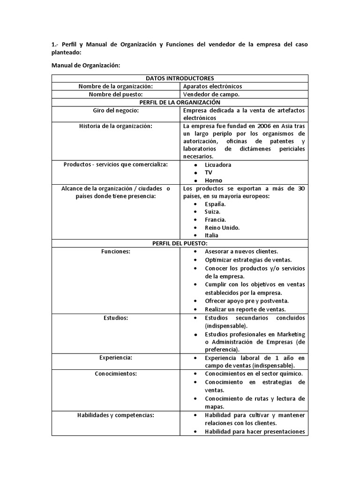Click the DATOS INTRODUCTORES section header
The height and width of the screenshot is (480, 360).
point(180,78)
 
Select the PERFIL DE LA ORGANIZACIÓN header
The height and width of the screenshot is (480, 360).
point(180,102)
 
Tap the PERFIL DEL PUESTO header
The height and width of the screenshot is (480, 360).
point(180,243)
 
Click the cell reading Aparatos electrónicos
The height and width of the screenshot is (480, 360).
point(212,86)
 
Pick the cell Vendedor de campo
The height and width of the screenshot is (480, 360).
point(211,94)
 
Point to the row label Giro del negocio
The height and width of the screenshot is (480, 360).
point(116,110)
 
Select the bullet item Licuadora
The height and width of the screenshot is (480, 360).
point(218,165)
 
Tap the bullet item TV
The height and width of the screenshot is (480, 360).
point(209,172)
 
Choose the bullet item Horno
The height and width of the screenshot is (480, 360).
point(213,180)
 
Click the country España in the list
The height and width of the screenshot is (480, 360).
point(215,204)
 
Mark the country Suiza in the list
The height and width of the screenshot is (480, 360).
point(213,212)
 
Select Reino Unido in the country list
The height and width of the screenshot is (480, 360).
point(222,227)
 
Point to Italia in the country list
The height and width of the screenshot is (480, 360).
point(211,235)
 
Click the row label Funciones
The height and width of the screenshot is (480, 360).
point(116,251)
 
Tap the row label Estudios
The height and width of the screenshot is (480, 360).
point(116,318)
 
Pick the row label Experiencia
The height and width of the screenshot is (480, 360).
point(116,358)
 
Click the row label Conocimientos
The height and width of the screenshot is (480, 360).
point(116,374)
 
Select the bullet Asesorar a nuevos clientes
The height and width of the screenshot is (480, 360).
point(241,251)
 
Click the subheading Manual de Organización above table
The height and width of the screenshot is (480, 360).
point(86,66)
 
